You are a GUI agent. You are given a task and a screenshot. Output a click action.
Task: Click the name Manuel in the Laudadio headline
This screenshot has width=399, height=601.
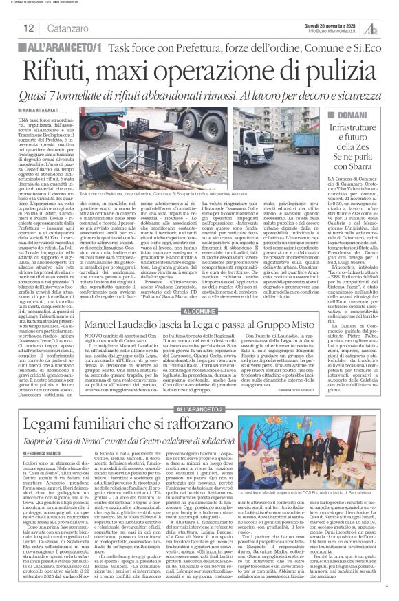(104, 323)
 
